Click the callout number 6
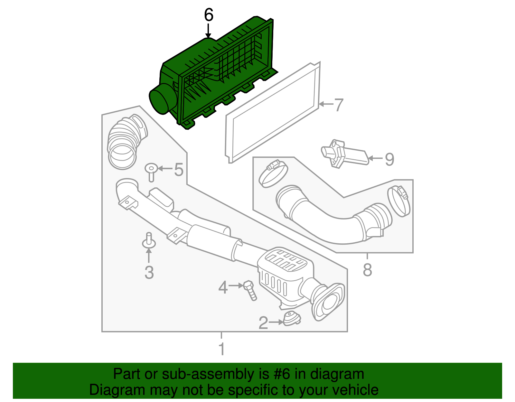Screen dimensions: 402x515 (209, 15)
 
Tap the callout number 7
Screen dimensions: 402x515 (339, 105)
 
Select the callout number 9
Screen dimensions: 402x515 (389, 159)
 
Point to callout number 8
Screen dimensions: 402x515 (367, 270)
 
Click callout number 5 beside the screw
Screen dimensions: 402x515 (179, 169)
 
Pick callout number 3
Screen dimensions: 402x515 (149, 272)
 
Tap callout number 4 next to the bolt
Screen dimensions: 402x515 (223, 287)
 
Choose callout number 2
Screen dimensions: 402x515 (263, 323)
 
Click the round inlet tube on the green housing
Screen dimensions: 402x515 (161, 98)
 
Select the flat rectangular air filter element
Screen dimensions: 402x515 (274, 113)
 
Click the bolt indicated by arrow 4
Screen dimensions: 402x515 (250, 290)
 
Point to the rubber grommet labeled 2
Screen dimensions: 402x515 (291, 319)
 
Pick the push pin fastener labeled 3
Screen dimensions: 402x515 (149, 241)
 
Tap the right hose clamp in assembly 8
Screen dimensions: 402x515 (399, 201)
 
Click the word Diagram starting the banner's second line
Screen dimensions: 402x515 (108, 390)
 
